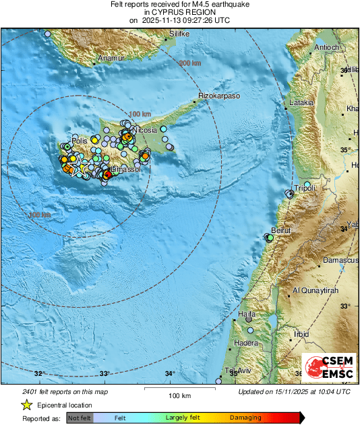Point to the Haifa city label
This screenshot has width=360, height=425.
[x=248, y=315]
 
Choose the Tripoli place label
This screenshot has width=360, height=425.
[x=306, y=189]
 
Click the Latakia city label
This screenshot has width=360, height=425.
[x=301, y=103]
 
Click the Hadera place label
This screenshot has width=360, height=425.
[x=245, y=343]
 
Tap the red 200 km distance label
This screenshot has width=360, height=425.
[x=189, y=63]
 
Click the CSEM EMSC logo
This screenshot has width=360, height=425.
[x=325, y=368]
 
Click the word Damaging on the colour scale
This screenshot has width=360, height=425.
[x=245, y=418]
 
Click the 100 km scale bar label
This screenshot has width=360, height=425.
[x=178, y=395]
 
